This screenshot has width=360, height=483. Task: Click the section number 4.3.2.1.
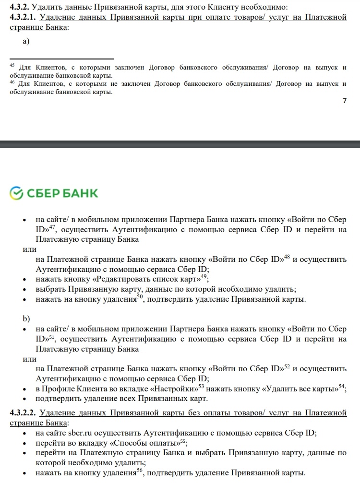[x=23, y=18]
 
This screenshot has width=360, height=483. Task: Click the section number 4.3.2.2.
[x=23, y=413]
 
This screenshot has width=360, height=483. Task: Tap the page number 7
[x=344, y=101]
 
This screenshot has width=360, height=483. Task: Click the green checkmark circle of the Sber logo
[x=16, y=193]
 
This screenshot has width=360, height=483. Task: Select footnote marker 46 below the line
[x=12, y=82]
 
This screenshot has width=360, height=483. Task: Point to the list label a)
[x=26, y=41]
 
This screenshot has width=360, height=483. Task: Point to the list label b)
[x=26, y=318]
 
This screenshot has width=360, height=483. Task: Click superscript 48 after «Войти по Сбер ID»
[x=287, y=257]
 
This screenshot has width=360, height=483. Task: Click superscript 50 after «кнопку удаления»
[x=141, y=296]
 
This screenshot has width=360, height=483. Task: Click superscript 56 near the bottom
[x=140, y=471]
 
